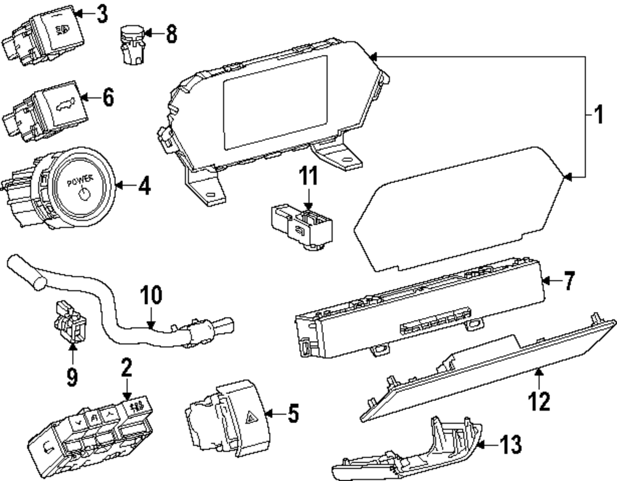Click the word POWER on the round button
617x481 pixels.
tap(81, 183)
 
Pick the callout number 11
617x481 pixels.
tap(308, 177)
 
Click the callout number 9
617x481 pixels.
tap(72, 376)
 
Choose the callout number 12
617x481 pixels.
tap(539, 402)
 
